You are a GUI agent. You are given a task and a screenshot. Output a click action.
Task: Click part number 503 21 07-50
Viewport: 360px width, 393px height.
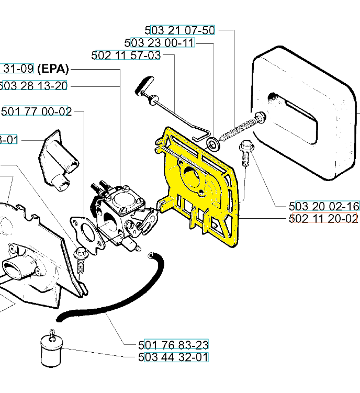(x=179, y=30)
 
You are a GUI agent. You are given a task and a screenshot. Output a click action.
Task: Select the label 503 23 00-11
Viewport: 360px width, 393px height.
(x=160, y=42)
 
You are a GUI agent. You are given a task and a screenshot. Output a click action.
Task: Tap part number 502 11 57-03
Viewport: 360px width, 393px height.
(x=126, y=55)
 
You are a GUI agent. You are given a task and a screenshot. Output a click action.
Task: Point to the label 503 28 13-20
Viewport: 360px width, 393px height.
(x=33, y=86)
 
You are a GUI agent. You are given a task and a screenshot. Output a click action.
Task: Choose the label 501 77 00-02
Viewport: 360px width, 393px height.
(x=37, y=111)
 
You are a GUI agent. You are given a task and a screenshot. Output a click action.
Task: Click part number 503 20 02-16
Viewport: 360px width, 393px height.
(x=323, y=206)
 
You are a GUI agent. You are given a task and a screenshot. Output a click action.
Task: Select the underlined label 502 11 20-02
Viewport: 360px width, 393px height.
(x=323, y=218)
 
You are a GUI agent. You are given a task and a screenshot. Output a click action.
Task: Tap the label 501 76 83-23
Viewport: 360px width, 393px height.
(x=174, y=345)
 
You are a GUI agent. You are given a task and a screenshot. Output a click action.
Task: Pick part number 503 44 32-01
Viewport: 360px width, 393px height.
(x=174, y=357)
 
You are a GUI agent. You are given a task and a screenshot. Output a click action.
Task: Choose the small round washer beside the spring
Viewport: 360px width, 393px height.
(x=213, y=142)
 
